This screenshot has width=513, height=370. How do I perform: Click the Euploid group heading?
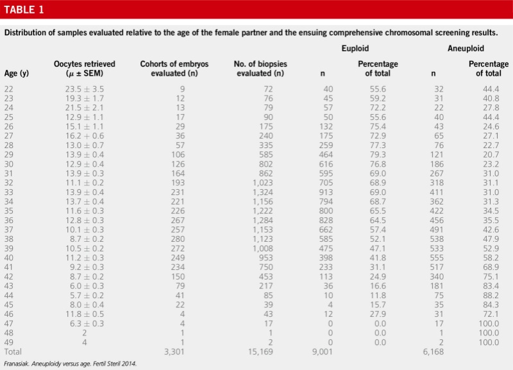354,49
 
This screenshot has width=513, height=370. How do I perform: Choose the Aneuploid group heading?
465,49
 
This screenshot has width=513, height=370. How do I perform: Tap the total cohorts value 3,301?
173,352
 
